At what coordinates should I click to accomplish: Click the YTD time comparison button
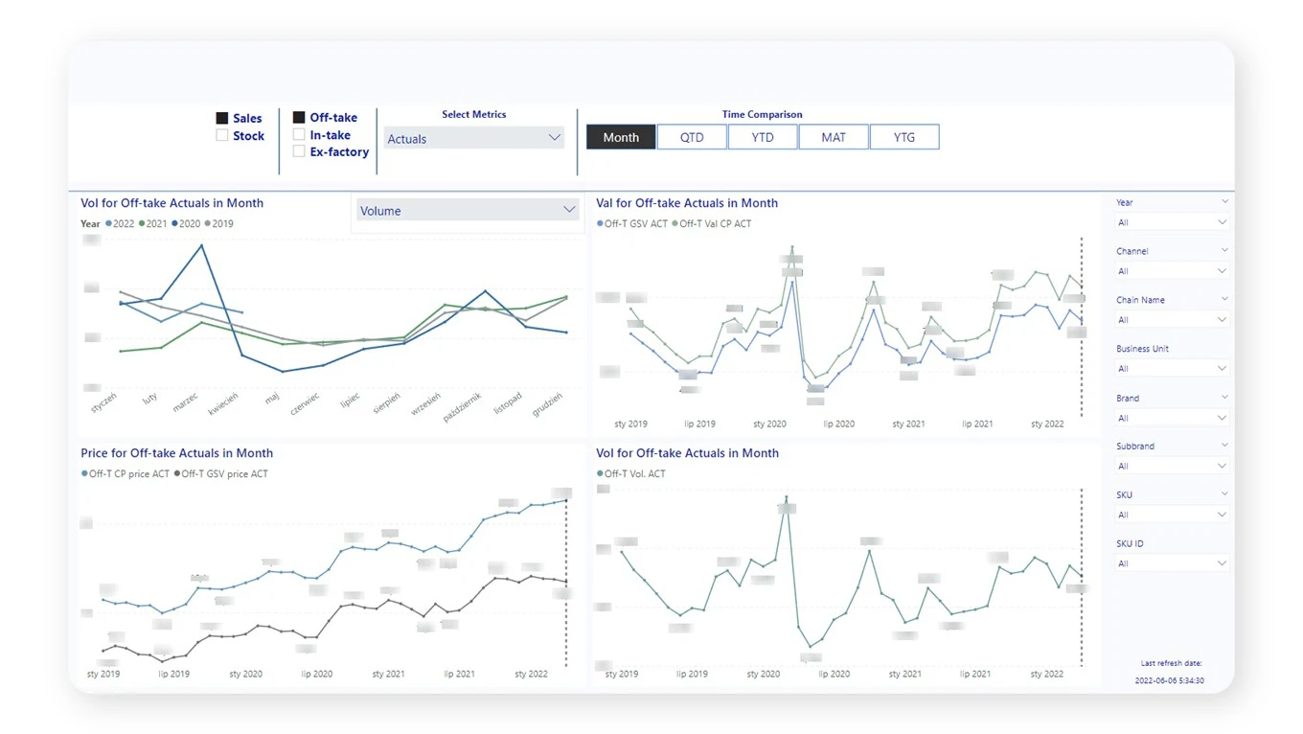pos(763,137)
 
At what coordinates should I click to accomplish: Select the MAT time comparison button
pos(834,137)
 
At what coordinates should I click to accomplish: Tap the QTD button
pos(692,137)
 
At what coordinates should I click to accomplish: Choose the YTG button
pos(904,137)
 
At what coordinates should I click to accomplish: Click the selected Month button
pos(621,137)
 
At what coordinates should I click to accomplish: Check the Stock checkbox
pos(222,136)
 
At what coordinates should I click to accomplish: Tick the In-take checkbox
pos(299,135)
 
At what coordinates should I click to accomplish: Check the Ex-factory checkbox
pos(299,151)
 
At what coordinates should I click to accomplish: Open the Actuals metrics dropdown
pos(473,139)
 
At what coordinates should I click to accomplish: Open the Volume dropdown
pos(467,211)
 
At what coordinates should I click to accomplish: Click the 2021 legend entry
pos(153,224)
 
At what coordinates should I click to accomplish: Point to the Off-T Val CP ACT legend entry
pos(714,224)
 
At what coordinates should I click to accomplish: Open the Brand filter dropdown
pos(1171,418)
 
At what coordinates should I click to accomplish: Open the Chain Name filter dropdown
pos(1171,320)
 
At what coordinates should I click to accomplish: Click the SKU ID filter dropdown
pos(1171,563)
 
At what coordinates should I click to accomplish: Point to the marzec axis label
pos(186,402)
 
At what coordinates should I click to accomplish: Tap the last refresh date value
pos(1169,680)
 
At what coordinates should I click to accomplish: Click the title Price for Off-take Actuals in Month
pos(176,453)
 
